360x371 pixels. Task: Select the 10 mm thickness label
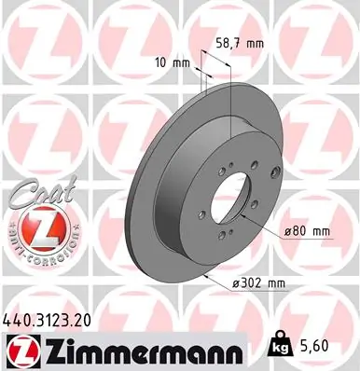(174, 63)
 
